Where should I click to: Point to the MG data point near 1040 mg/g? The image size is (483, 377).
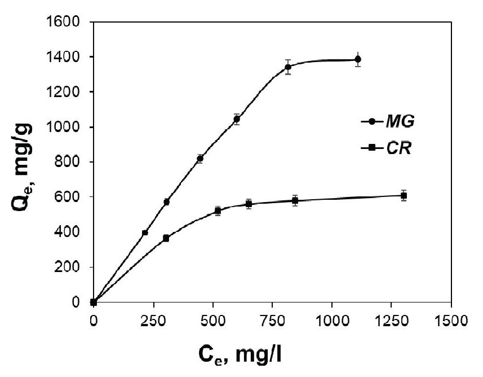237,119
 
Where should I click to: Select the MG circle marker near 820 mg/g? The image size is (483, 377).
200,159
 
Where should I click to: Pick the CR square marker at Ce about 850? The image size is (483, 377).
295,200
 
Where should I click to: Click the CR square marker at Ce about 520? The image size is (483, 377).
218,211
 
